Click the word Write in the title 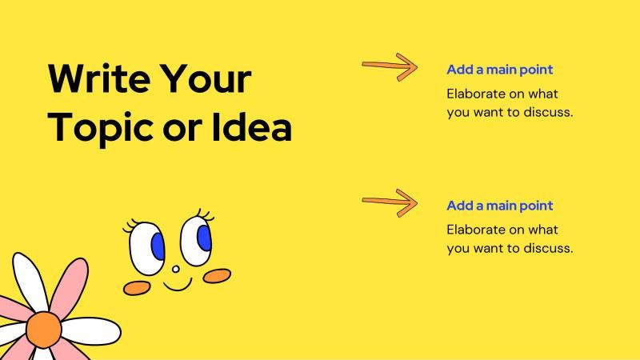coord(99,78)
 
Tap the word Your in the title coord(206,78)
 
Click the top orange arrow coord(390,67)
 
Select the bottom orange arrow coord(390,203)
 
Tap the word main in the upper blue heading coord(502,70)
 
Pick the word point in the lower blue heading coord(536,206)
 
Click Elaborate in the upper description coord(475,94)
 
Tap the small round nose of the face coord(176,269)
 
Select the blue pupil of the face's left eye coord(158,246)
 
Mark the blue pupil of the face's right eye coord(205,238)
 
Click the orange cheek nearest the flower coord(137,288)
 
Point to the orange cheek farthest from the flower coord(217,276)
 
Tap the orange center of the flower coord(44,330)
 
